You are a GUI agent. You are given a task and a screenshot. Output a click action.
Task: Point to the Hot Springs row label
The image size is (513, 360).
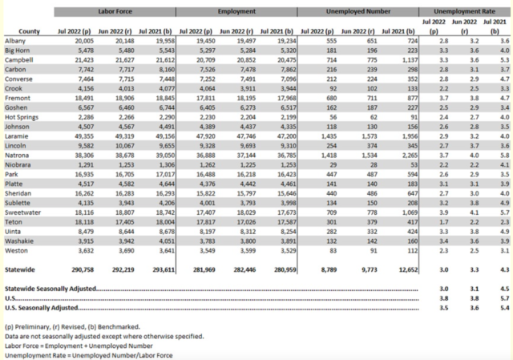pyautogui.click(x=23, y=116)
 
